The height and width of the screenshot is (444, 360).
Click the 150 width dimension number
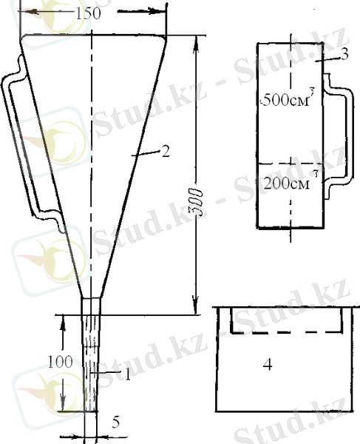tap(88, 13)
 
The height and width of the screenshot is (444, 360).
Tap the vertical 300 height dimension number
tap(200, 203)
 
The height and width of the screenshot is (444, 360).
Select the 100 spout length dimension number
tap(60, 362)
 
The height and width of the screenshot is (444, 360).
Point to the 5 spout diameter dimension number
tap(115, 423)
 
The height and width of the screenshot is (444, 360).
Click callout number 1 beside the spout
tap(128, 374)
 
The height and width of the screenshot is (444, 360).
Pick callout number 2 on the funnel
tap(166, 151)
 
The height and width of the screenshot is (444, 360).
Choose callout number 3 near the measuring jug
tap(344, 54)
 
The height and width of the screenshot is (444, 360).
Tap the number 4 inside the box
tap(268, 364)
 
